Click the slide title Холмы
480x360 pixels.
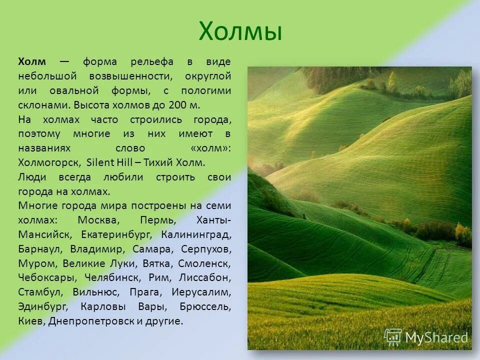240,31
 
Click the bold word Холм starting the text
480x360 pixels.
32,62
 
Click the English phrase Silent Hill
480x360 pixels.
108,163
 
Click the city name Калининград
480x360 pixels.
196,234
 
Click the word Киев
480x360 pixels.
31,321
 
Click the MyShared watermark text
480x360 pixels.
436,338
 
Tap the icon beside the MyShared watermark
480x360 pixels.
392,337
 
